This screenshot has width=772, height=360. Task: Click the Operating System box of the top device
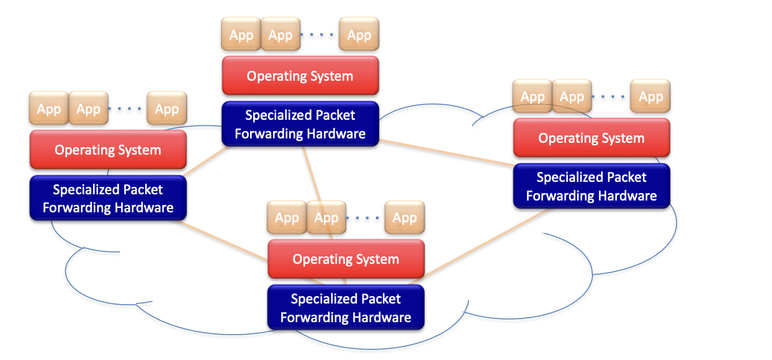pyautogui.click(x=300, y=76)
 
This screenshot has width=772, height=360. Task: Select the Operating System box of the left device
pyautogui.click(x=108, y=150)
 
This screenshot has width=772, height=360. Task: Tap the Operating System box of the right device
pyautogui.click(x=591, y=138)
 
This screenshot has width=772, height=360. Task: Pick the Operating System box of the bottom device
pyautogui.click(x=346, y=259)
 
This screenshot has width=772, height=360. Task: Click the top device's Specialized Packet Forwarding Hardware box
pyautogui.click(x=300, y=124)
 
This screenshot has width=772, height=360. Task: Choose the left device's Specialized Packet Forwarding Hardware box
pyautogui.click(x=108, y=198)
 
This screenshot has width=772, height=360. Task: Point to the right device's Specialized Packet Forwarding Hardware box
pyautogui.click(x=591, y=186)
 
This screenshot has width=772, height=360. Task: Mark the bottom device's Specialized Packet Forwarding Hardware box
pyautogui.click(x=346, y=308)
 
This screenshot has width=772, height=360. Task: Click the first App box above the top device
pyautogui.click(x=241, y=35)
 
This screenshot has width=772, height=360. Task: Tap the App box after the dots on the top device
pyautogui.click(x=359, y=35)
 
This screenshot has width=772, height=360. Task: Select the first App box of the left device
pyautogui.click(x=49, y=109)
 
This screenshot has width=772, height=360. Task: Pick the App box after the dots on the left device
pyautogui.click(x=166, y=109)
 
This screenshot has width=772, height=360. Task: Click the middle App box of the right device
pyautogui.click(x=572, y=97)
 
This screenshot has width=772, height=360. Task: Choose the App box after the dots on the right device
pyautogui.click(x=650, y=97)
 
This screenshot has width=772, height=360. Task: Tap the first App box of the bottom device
pyautogui.click(x=287, y=218)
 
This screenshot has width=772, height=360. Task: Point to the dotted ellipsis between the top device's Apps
pyautogui.click(x=319, y=35)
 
